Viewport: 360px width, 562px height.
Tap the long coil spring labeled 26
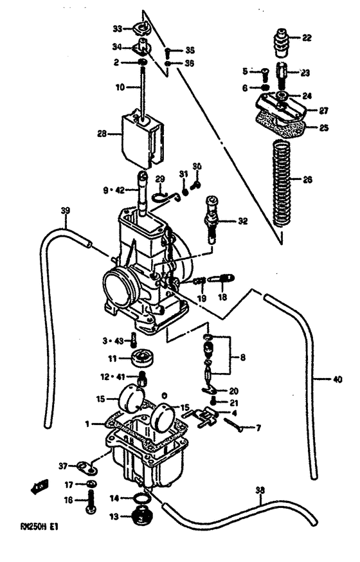pyautogui.click(x=280, y=183)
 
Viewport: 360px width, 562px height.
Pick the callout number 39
pyautogui.click(x=64, y=210)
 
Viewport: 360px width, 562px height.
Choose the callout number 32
pyautogui.click(x=242, y=221)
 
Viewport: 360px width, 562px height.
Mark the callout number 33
pyautogui.click(x=117, y=28)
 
